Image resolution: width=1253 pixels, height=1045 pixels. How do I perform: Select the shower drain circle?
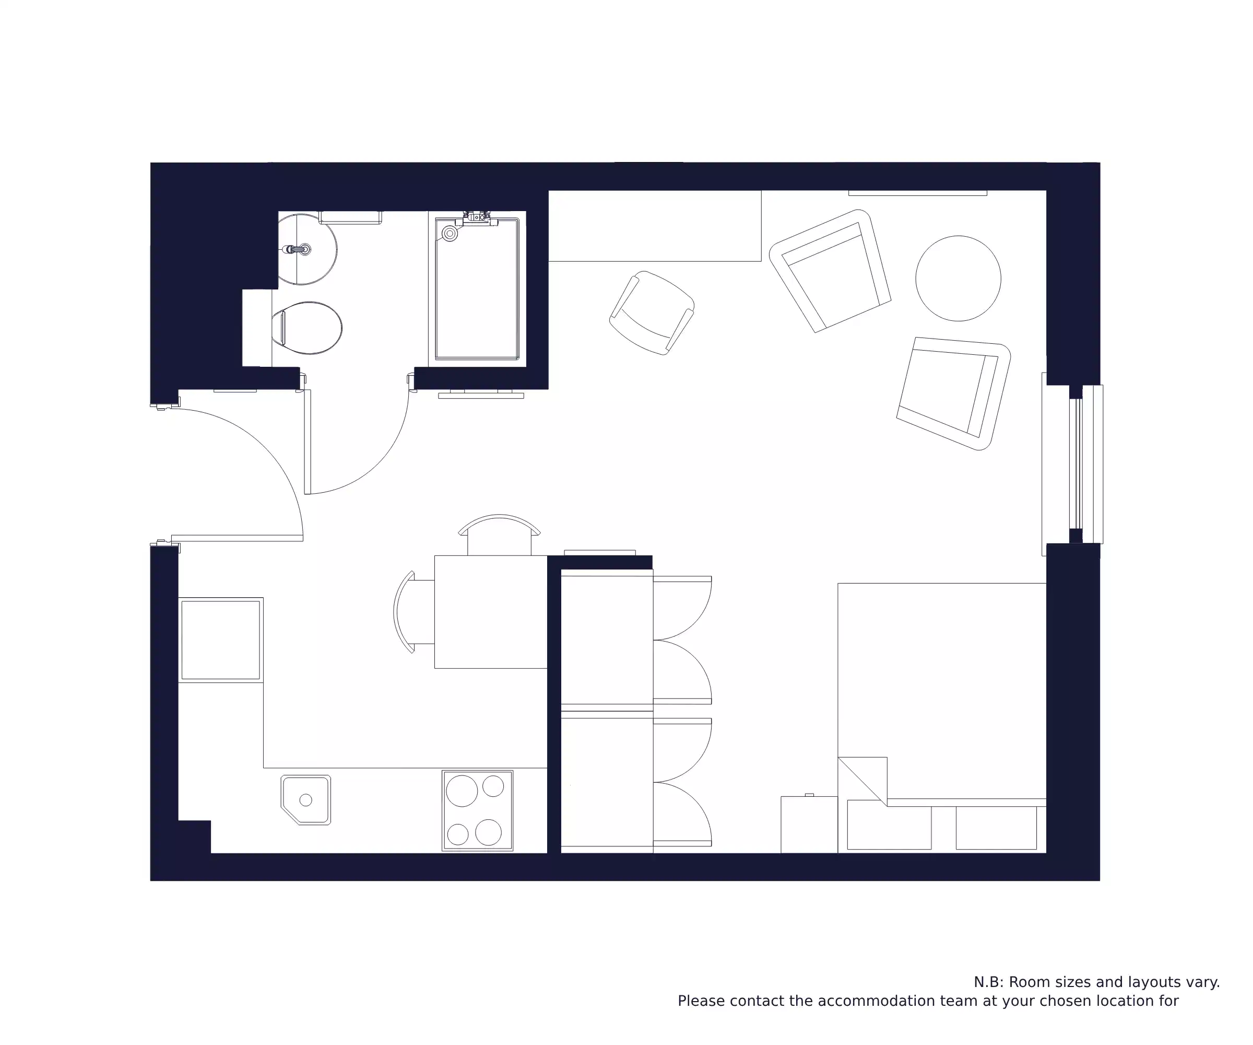(x=450, y=234)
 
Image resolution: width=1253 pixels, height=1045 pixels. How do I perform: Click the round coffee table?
(x=958, y=278)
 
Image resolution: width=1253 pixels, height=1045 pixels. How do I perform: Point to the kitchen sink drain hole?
(x=305, y=799)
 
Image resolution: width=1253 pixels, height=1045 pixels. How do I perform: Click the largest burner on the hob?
(x=462, y=791)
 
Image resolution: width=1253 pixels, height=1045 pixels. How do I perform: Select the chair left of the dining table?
(x=412, y=611)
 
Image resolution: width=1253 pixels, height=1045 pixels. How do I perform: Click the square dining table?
(x=490, y=611)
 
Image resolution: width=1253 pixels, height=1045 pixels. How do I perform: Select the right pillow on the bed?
(x=996, y=828)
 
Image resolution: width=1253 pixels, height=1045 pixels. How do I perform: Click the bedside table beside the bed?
(x=809, y=824)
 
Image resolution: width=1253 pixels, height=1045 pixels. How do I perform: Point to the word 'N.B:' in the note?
(x=989, y=982)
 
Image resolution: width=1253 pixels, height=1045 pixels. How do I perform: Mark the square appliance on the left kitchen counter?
(x=221, y=640)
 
